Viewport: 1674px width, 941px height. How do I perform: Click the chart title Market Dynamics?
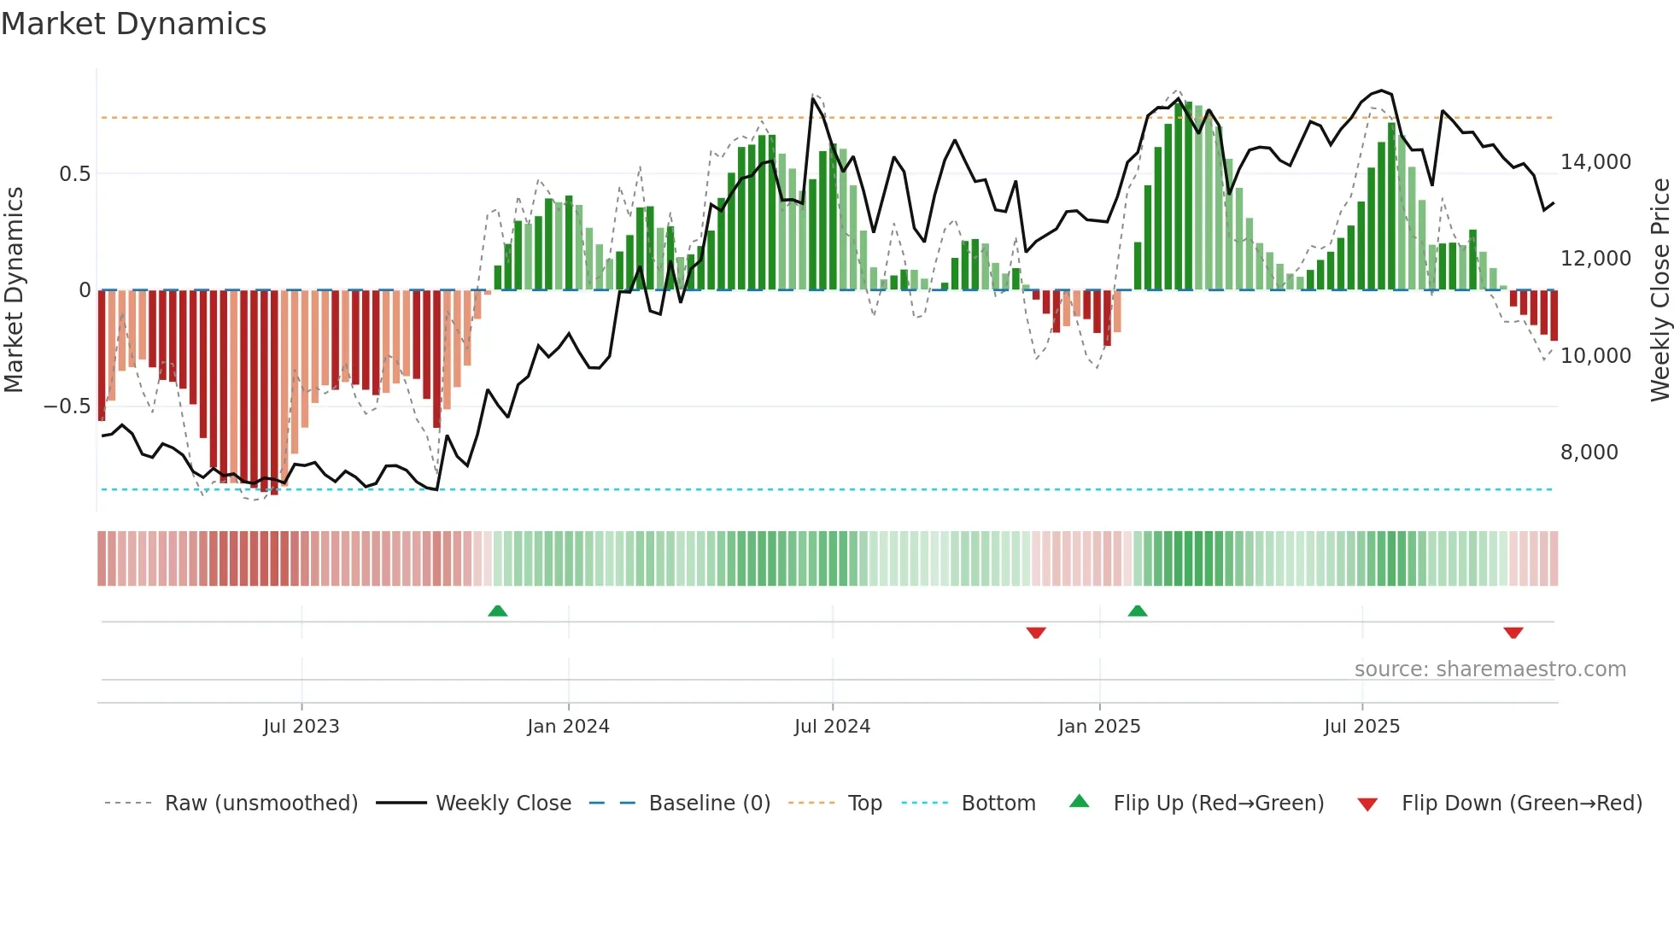click(x=133, y=24)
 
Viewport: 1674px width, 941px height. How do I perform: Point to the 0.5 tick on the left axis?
click(x=74, y=174)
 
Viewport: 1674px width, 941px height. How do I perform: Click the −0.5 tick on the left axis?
click(x=67, y=406)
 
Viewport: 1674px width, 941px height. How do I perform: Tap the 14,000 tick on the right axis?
click(x=1595, y=162)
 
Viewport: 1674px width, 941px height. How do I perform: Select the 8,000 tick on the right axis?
click(x=1589, y=453)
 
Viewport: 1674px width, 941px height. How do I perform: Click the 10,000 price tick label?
click(x=1595, y=356)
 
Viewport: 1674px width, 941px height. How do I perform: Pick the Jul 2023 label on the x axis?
click(x=301, y=727)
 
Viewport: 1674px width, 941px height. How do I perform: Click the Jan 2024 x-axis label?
click(x=568, y=727)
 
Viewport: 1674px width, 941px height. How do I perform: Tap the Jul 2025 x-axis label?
click(x=1361, y=727)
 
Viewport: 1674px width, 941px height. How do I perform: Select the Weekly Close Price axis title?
click(x=1659, y=290)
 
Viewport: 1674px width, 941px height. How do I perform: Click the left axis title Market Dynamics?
click(x=14, y=290)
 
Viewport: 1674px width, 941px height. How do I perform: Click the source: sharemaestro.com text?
click(x=1490, y=669)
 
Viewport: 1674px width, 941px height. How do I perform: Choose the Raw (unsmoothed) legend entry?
click(x=260, y=804)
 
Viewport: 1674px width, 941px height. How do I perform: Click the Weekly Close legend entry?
click(x=503, y=804)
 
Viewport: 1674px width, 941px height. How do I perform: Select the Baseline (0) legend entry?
click(x=709, y=804)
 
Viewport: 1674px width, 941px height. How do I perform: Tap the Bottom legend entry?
click(x=998, y=804)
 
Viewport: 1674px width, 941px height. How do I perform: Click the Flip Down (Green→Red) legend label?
click(x=1521, y=804)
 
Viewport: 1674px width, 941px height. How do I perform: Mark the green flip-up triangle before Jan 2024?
click(x=497, y=611)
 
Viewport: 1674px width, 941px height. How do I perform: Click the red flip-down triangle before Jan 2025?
click(x=1036, y=633)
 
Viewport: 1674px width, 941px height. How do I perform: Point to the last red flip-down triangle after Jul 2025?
click(x=1513, y=633)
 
